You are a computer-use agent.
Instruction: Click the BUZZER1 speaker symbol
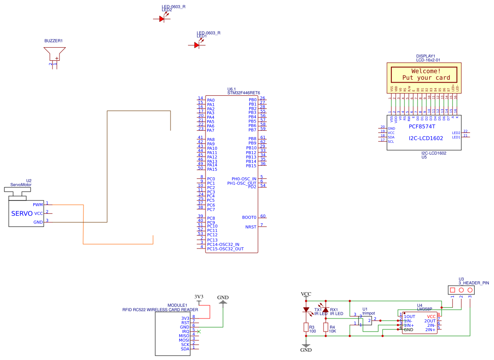pyautogui.click(x=54, y=54)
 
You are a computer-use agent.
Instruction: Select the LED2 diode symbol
pyautogui.click(x=161, y=19)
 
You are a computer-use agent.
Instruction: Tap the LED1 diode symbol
pyautogui.click(x=197, y=45)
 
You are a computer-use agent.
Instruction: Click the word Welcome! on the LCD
pyautogui.click(x=426, y=71)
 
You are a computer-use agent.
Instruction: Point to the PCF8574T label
pyautogui.click(x=422, y=126)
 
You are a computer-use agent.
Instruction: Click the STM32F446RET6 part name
pyautogui.click(x=244, y=93)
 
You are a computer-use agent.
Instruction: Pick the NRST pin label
pyautogui.click(x=250, y=227)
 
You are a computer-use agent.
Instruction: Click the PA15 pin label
pyautogui.click(x=212, y=169)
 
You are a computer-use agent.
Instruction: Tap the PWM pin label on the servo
pyautogui.click(x=38, y=204)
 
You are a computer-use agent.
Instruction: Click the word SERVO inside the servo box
pyautogui.click(x=22, y=214)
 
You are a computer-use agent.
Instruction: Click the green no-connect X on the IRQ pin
pyautogui.click(x=199, y=332)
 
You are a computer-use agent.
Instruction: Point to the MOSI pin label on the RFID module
pyautogui.click(x=184, y=340)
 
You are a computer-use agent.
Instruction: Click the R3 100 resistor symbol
pyautogui.click(x=306, y=327)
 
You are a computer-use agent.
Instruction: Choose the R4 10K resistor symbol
pyautogui.click(x=326, y=327)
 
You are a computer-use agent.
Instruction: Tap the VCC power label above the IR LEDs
pyautogui.click(x=306, y=294)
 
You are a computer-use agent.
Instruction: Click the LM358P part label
pyautogui.click(x=424, y=309)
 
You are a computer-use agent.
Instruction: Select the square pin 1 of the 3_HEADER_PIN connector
pyautogui.click(x=452, y=290)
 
